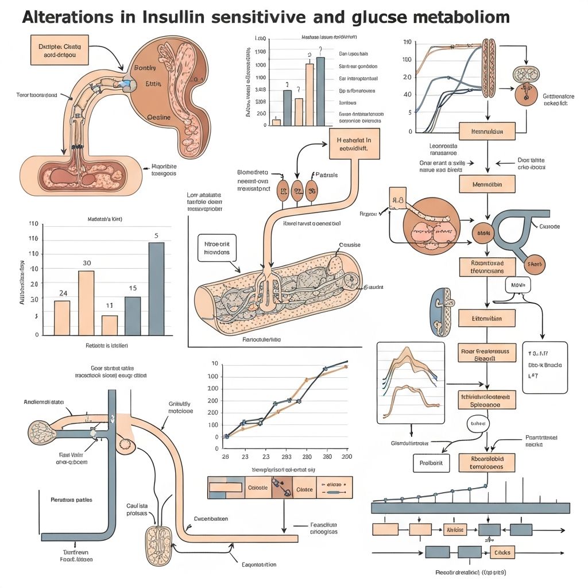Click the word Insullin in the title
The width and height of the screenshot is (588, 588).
pyautogui.click(x=179, y=17)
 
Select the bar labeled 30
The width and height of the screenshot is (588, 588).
pyautogui.click(x=86, y=303)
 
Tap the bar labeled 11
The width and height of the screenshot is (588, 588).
pyautogui.click(x=110, y=325)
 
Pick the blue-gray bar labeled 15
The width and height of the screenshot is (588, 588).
pyautogui.click(x=133, y=316)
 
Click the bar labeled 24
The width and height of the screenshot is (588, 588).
pyautogui.click(x=62, y=318)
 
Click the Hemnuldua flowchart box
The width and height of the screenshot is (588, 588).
pyautogui.click(x=487, y=131)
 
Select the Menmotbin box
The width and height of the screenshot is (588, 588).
pyautogui.click(x=487, y=184)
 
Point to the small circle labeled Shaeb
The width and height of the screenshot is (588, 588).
pyautogui.click(x=535, y=264)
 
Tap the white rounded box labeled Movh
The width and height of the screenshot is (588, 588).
pyautogui.click(x=518, y=285)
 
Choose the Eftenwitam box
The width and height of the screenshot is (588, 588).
pyautogui.click(x=487, y=318)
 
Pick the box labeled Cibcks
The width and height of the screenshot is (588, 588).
pyautogui.click(x=503, y=552)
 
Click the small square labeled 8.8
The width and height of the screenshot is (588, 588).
pyautogui.click(x=397, y=201)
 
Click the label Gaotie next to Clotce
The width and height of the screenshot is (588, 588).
pyautogui.click(x=257, y=488)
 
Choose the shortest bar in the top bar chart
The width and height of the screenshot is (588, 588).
pyautogui.click(x=276, y=122)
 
